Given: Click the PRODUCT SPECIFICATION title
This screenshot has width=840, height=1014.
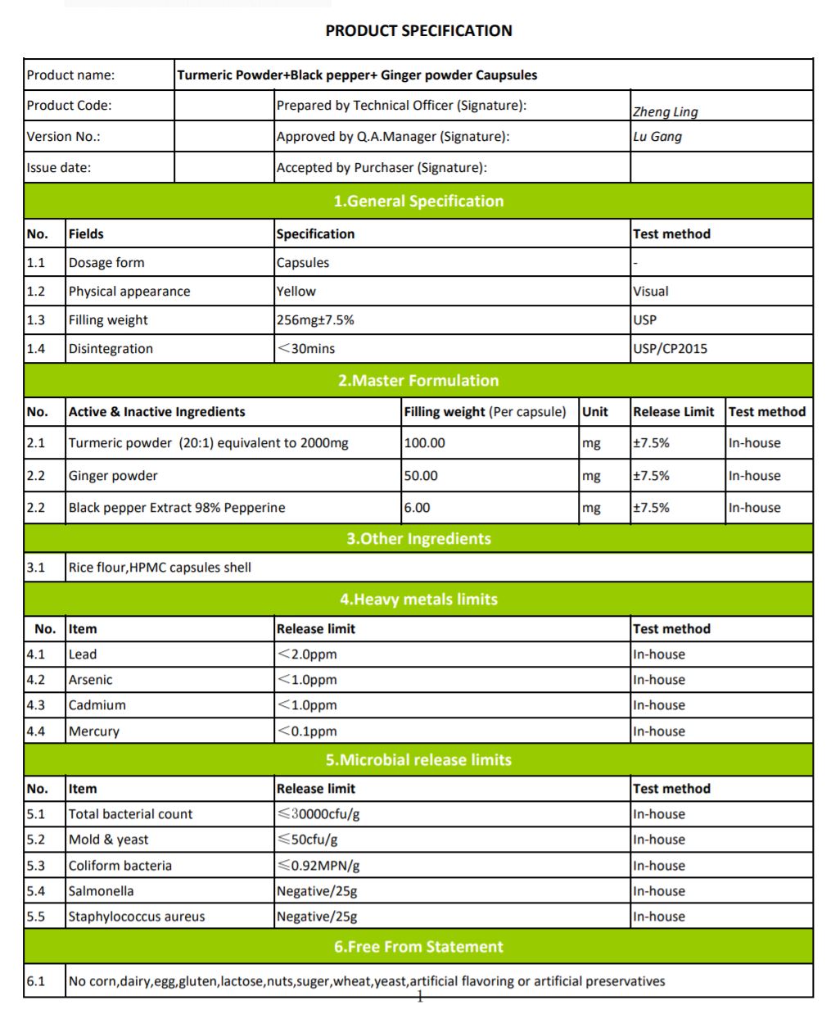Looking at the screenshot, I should (x=418, y=31).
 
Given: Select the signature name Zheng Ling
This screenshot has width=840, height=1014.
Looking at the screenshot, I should (x=665, y=112).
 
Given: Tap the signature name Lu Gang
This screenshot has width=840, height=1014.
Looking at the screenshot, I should (x=657, y=137).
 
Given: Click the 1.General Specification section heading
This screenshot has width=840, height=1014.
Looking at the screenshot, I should (x=418, y=201).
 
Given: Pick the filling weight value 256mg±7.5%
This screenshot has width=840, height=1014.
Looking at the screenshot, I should (x=315, y=320).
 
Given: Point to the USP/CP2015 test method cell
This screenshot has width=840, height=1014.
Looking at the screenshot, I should (x=670, y=349).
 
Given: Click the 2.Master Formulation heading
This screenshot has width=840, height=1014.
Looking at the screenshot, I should (x=418, y=381).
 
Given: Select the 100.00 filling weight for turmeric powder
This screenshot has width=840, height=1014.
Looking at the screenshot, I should (x=424, y=443).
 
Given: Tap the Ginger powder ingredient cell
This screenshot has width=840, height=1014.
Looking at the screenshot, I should (x=113, y=476).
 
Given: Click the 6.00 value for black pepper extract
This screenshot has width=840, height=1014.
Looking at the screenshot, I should (x=417, y=508).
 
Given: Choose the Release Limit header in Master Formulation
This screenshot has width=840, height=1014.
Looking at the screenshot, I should (x=673, y=412).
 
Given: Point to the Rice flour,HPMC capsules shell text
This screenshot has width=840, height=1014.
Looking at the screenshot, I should (x=160, y=568).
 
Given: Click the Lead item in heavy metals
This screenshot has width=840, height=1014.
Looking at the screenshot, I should (x=83, y=654).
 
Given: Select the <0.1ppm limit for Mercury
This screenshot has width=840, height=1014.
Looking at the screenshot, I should (x=307, y=731).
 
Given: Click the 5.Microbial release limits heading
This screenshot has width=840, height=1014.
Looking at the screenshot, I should (x=418, y=760).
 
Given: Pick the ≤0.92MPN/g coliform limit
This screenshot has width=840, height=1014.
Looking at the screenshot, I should (x=318, y=866).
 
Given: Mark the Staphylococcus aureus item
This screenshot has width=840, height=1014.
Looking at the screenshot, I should (x=137, y=917).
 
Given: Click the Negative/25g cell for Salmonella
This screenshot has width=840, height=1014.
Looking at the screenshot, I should (x=317, y=891).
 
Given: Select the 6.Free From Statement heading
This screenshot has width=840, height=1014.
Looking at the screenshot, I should (x=418, y=947).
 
